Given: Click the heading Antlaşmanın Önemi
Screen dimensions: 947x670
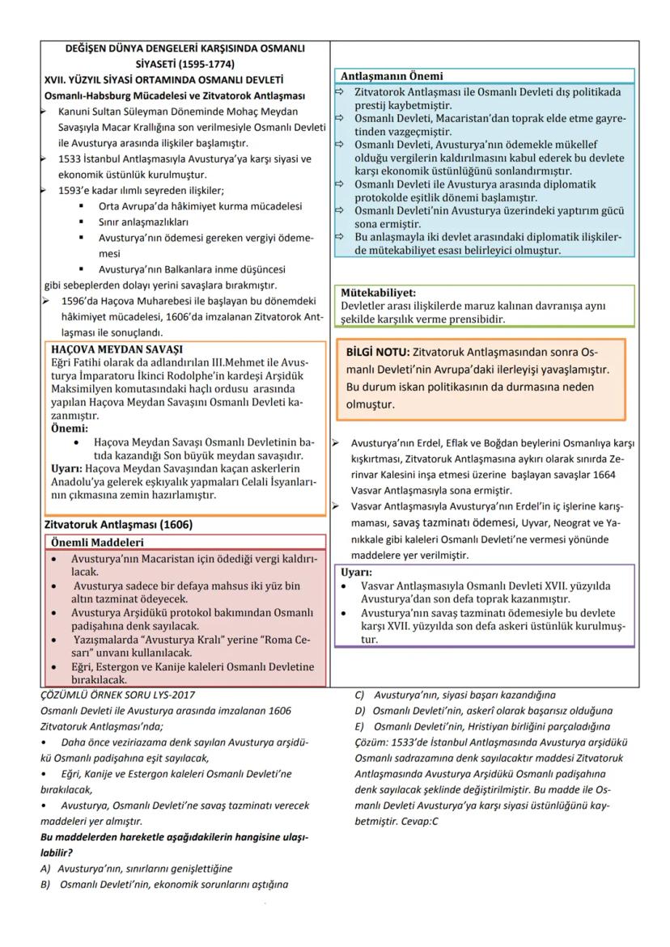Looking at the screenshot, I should [x=392, y=77].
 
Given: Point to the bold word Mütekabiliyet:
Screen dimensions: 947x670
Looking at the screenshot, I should [x=378, y=293].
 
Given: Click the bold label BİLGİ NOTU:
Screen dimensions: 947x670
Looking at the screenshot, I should [x=377, y=353].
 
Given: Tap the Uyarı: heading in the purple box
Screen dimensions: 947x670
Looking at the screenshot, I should [x=356, y=572].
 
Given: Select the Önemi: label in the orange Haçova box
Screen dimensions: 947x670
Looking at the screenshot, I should [x=70, y=428].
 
